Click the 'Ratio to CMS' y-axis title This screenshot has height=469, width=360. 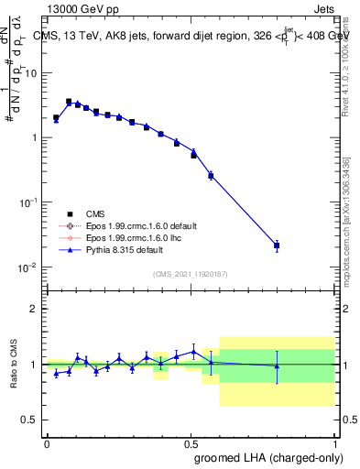click(14, 364)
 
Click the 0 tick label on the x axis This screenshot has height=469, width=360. click(47, 442)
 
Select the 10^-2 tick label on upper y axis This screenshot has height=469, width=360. click(30, 267)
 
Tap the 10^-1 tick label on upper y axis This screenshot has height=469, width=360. click(30, 202)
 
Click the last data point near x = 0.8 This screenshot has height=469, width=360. click(277, 245)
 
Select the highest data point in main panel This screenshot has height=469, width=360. click(69, 102)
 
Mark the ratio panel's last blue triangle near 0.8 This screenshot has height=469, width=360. click(277, 365)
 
